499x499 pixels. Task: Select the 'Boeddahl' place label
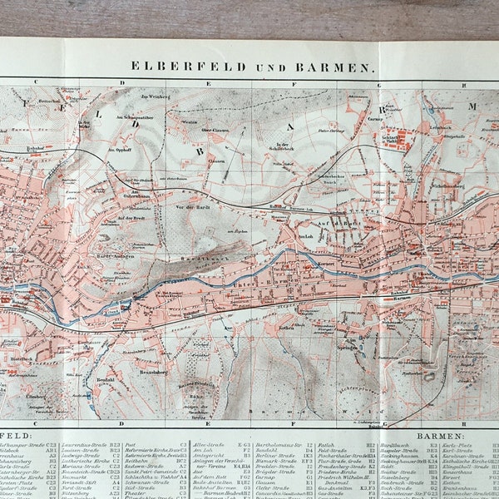pyautogui.click(x=106, y=355)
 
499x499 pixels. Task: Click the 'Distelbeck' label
pyautogui.click(x=21, y=358)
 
